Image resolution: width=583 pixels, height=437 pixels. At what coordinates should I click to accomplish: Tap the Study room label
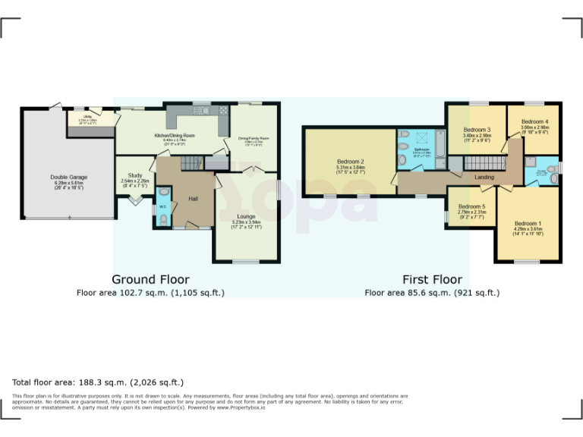[x=135, y=175]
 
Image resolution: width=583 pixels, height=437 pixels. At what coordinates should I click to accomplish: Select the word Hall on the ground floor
[x=194, y=198]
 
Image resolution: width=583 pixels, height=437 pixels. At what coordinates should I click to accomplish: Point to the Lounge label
[x=245, y=216]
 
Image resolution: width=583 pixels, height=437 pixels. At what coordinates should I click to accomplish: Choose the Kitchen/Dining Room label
[x=175, y=135]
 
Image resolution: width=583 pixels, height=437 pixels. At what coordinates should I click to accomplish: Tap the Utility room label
[x=89, y=118]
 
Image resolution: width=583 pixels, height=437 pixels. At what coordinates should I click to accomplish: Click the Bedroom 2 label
[x=351, y=162]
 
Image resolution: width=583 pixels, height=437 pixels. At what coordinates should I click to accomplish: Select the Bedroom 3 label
[x=477, y=130]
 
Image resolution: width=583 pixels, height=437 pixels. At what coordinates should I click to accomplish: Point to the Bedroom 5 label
[x=471, y=206]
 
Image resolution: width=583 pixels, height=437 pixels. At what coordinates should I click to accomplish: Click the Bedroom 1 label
[x=528, y=223]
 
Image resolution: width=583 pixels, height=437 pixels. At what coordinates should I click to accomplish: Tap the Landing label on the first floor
[x=484, y=178]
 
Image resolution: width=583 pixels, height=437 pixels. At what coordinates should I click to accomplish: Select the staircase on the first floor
[x=484, y=162]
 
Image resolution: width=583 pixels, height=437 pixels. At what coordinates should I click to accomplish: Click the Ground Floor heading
[x=150, y=279]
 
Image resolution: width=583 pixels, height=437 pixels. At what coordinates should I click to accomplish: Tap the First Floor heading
[x=431, y=279]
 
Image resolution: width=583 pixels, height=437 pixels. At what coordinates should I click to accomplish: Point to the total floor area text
[x=98, y=382]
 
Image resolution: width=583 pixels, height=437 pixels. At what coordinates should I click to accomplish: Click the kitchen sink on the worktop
[x=203, y=111]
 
